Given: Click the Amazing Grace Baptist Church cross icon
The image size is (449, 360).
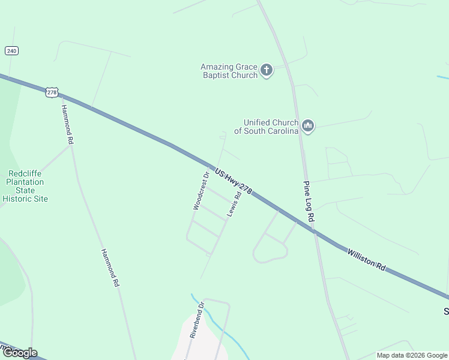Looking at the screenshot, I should click(x=267, y=71).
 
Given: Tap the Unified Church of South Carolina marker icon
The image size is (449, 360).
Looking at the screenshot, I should click(x=308, y=126).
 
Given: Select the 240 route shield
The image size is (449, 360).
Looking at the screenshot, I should click(x=11, y=51).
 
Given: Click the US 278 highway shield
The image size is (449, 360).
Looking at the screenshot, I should click(x=52, y=92).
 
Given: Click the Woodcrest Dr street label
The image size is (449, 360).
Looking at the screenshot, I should click(x=200, y=191).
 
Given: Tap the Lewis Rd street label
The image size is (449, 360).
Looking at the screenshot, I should click(x=234, y=203).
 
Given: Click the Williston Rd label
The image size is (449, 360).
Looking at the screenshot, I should click(x=366, y=260).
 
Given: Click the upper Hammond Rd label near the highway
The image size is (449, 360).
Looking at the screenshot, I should click(x=67, y=124).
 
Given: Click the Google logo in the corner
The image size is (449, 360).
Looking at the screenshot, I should click(x=19, y=353).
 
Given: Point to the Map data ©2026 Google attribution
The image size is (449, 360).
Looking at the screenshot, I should click(x=411, y=355).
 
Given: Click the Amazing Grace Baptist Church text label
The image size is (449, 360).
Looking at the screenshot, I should click(x=229, y=71).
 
